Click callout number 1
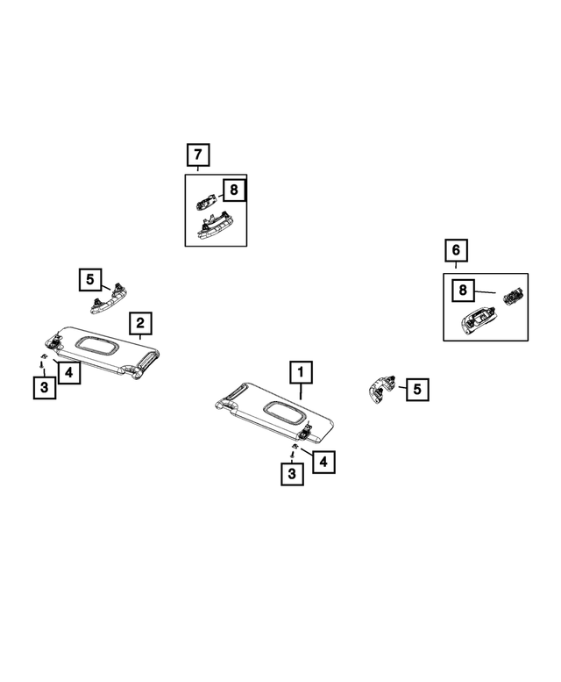click(301, 372)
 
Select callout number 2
click(140, 323)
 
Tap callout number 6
click(456, 250)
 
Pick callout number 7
click(198, 154)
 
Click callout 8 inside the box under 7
click(234, 190)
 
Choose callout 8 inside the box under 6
click(463, 291)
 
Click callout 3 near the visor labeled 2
click(45, 387)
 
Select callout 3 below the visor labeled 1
click(292, 474)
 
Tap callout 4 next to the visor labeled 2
click(69, 372)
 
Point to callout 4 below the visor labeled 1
click(323, 462)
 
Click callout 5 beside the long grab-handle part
click(90, 279)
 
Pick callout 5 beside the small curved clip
click(417, 390)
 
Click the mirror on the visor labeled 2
click(97, 346)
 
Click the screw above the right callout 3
click(293, 455)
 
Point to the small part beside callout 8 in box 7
click(206, 201)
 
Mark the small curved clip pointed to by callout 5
click(381, 389)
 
